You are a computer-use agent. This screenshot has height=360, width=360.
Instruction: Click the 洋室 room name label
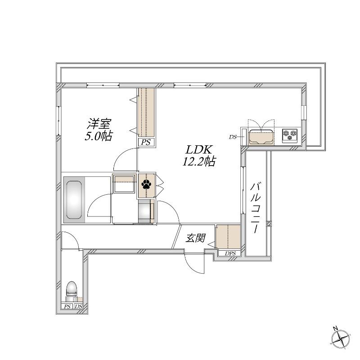point(99,124)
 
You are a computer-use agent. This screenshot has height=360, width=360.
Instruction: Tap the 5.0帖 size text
point(99,136)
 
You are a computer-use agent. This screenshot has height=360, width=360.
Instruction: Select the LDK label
point(198,150)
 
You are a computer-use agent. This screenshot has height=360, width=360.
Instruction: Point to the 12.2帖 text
point(199,162)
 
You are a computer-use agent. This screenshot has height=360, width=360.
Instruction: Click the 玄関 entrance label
point(195,238)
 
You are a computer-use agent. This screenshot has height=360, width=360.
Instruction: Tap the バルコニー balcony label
point(256,208)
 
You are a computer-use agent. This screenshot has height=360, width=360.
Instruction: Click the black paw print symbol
point(147,184)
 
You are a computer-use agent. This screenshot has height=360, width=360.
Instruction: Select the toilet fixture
point(72,291)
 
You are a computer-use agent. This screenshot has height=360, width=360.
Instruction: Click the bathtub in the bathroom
point(74,200)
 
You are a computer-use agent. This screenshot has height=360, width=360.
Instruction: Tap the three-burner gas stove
point(290,135)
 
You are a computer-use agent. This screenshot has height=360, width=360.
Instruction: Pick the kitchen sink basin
point(261,136)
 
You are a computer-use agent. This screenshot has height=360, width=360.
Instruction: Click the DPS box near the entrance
point(230,253)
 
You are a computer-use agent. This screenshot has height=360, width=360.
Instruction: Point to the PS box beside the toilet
point(67,306)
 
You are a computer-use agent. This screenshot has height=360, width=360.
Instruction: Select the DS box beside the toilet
point(78,306)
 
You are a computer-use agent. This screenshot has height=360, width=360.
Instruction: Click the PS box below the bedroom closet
point(146,142)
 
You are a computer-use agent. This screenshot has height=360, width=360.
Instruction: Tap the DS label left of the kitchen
point(233,137)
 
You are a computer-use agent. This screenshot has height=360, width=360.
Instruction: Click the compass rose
point(341,338)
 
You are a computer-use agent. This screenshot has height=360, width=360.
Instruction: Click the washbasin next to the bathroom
point(123,184)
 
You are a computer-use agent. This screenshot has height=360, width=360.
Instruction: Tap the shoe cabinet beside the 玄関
point(228,237)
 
